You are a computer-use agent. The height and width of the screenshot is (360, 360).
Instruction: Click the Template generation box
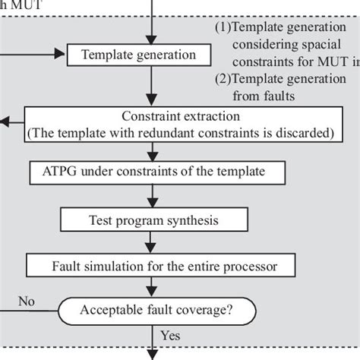coord(137,55)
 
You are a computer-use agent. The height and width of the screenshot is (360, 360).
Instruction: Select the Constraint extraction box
coord(180,124)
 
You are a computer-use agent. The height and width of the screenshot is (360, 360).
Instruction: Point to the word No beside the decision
coord(27,301)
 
